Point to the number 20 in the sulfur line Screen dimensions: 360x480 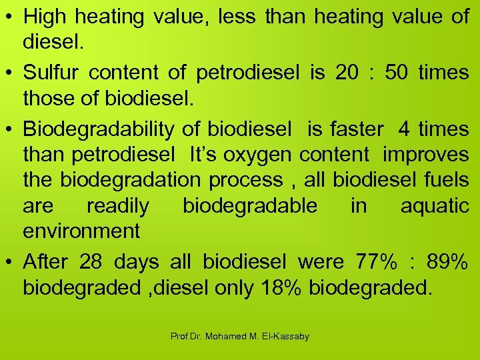coord(347,73)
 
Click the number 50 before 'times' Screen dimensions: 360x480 coord(397,73)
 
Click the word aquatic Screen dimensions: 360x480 coord(435,205)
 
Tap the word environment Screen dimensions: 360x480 coord(81,231)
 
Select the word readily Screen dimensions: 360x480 coord(118,205)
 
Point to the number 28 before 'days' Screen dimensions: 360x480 coord(91,261)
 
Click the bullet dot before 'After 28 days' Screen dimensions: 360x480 coord(9,262)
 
